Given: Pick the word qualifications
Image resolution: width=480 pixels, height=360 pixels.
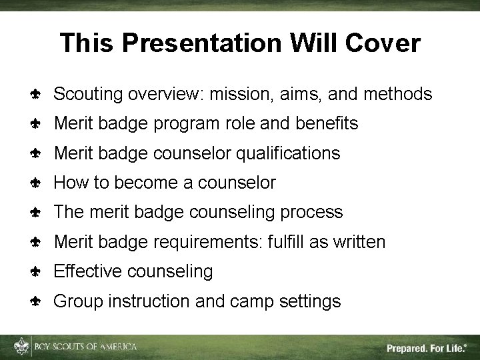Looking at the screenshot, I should tap(289, 153).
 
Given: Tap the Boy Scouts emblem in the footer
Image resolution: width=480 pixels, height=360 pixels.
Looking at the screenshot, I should tap(23, 347).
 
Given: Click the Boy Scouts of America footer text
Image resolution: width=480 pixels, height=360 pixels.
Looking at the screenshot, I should tap(85, 347).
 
